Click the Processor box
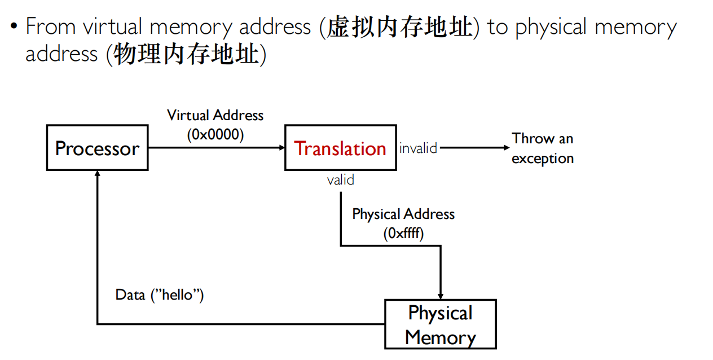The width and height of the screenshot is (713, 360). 97,148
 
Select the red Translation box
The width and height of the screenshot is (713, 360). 340,148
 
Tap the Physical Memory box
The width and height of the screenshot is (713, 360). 440,324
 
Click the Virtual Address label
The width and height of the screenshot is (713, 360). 215,116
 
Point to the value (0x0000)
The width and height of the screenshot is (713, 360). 215,135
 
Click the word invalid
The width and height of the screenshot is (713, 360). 418,148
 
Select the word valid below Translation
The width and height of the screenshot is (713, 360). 341,180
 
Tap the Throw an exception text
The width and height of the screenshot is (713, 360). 542,148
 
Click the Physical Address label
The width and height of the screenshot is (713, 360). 403,214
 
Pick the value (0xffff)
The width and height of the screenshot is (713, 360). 403,233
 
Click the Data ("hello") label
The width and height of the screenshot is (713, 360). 160,295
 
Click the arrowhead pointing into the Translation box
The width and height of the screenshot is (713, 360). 281,148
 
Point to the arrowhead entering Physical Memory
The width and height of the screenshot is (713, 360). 441,296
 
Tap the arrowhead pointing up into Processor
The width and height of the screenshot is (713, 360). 98,174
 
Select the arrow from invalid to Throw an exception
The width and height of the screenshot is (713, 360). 474,148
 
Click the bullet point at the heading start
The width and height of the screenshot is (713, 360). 14,28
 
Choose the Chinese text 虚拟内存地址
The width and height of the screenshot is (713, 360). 399,27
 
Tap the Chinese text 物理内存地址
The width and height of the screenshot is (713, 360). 186,54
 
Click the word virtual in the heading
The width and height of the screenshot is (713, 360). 116,27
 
